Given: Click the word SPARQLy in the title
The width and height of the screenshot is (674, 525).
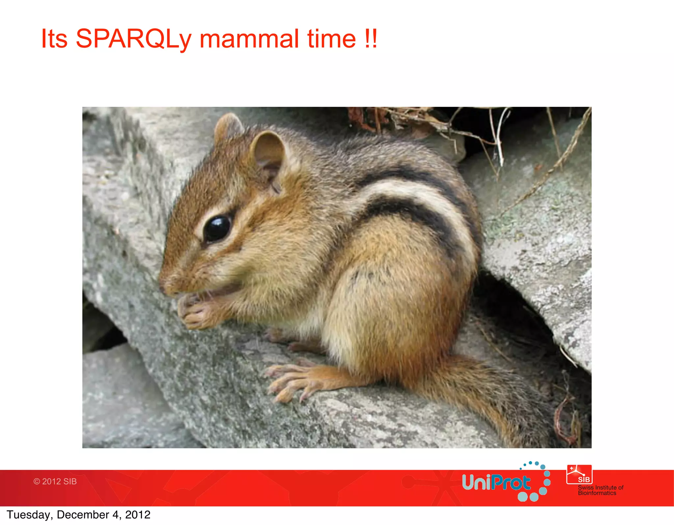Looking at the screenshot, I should click(133, 39).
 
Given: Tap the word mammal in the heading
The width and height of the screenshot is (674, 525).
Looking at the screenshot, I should click(249, 39).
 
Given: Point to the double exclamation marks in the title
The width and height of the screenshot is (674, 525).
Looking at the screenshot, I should click(371, 39).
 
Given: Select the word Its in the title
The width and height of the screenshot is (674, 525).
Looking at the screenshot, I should click(54, 39).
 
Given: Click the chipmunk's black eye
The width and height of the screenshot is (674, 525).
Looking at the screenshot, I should click(217, 228).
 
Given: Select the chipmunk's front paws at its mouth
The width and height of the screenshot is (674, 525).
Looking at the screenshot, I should click(194, 311).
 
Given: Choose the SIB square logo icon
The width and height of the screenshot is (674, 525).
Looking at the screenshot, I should click(579, 475).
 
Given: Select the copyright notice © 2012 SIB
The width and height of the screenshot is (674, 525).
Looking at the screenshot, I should click(55, 481).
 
